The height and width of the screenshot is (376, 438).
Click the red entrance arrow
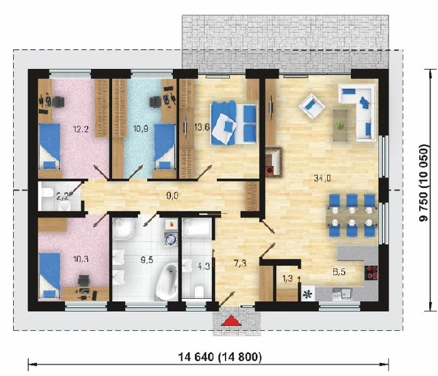(x=231, y=321)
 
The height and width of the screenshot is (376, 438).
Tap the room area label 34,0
(x=322, y=178)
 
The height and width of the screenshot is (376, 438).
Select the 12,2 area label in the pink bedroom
(x=81, y=129)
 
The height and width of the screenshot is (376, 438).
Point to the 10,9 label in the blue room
(x=141, y=128)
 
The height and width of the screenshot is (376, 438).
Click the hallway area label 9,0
(x=172, y=196)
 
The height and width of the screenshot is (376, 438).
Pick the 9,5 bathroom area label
(x=147, y=260)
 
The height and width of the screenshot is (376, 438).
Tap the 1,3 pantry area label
(x=288, y=278)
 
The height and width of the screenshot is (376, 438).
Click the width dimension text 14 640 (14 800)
(x=220, y=357)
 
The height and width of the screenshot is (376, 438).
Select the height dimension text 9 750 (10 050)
(x=424, y=183)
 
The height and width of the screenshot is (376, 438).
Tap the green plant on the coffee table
(x=340, y=126)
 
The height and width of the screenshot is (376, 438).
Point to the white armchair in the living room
(x=312, y=106)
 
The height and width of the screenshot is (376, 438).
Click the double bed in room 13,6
(x=234, y=123)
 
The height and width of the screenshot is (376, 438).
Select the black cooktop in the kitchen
(x=371, y=273)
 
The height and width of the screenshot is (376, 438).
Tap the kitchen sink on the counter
(x=342, y=294)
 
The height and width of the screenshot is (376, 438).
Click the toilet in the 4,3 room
(x=199, y=291)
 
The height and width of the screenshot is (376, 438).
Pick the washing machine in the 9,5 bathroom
(x=170, y=239)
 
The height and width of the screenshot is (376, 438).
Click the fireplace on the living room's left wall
(x=273, y=162)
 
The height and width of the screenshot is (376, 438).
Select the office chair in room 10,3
(x=83, y=281)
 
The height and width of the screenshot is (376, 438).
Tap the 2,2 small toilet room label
(x=62, y=196)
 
